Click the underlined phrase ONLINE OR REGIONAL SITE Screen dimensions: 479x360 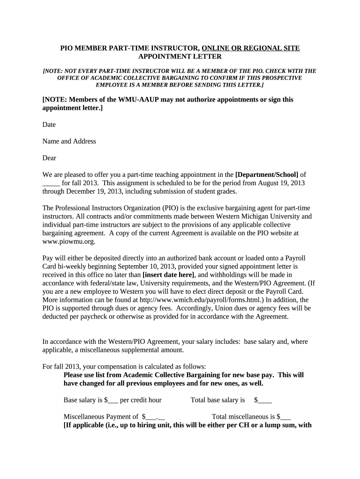click(251, 48)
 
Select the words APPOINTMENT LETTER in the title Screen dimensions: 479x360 click(180, 56)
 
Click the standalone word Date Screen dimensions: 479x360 click(49, 124)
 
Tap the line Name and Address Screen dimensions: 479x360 click(69, 141)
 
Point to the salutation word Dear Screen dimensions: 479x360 click(49, 158)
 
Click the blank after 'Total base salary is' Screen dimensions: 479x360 click(265, 400)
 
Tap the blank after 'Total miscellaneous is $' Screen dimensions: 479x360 click(286, 417)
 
